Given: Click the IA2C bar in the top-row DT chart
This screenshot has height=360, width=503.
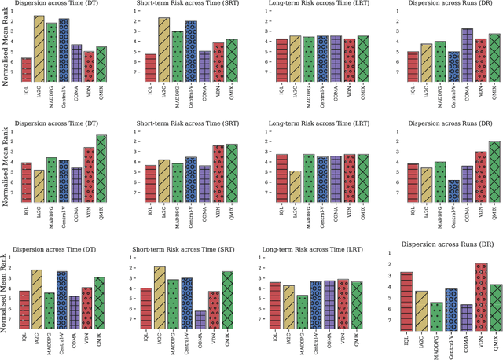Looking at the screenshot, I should pyautogui.click(x=39, y=48).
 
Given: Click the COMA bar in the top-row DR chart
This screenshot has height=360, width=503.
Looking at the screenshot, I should pyautogui.click(x=467, y=54).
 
